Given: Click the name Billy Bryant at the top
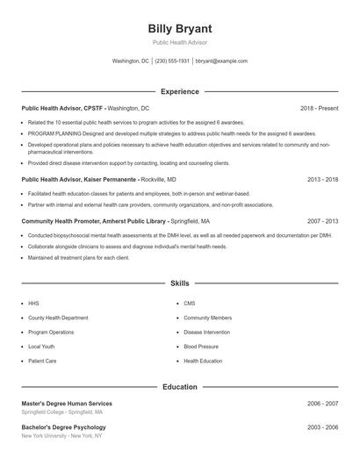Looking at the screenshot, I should (180, 29).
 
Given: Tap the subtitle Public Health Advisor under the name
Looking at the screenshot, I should (180, 43).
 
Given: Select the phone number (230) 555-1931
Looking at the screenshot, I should (173, 61).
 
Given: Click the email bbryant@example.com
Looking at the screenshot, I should (221, 61).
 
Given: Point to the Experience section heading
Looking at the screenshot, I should (180, 91).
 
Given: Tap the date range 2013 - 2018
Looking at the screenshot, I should (322, 179).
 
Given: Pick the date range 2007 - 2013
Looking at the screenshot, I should (322, 222).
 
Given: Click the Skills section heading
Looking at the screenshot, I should (180, 283).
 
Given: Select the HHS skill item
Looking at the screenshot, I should (33, 303).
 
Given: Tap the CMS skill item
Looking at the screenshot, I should (189, 303).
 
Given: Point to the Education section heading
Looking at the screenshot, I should (180, 387).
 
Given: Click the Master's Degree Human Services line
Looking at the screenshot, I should (67, 404).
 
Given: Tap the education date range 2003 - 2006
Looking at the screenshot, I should (322, 427).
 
